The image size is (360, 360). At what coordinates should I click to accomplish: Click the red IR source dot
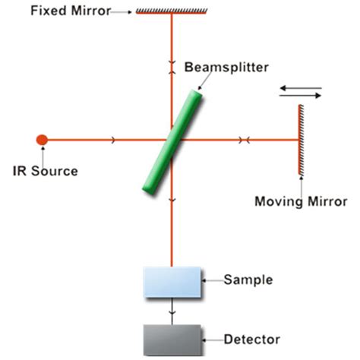42,139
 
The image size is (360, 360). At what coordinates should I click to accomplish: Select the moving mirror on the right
302,139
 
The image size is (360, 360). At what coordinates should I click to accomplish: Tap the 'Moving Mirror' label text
301,202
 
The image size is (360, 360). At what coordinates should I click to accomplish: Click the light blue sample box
172,281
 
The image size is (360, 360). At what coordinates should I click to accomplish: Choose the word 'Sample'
248,279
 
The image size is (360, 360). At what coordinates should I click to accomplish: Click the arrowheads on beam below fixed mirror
172,66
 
